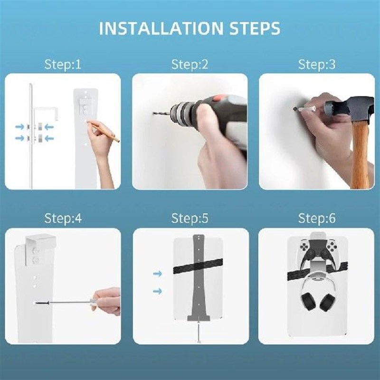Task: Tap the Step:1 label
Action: [x=63, y=65]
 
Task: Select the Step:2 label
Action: [x=190, y=65]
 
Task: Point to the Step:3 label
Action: [x=317, y=65]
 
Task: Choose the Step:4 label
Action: [x=63, y=218]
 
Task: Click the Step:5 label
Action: [x=190, y=218]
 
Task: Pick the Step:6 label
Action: [x=317, y=218]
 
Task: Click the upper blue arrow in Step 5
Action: [x=157, y=274]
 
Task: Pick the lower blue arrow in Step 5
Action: [x=157, y=291]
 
